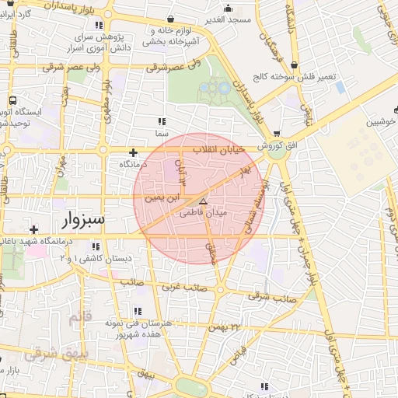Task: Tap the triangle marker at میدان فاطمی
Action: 204,201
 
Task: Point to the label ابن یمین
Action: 161,199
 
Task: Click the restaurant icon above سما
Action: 162,122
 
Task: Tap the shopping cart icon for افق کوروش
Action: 277,134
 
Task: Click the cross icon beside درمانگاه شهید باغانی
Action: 33,229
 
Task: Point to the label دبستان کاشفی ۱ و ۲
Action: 97,257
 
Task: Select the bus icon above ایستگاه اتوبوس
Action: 13,100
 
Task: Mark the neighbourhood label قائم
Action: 80,319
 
